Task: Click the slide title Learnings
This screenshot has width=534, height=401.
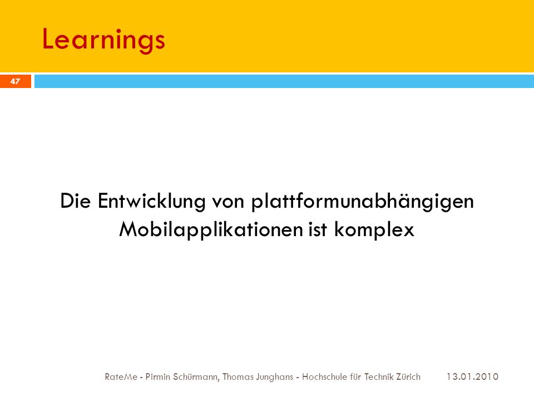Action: pyautogui.click(x=103, y=40)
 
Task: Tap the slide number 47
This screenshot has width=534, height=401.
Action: pyautogui.click(x=16, y=81)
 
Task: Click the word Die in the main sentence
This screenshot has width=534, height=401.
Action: pyautogui.click(x=75, y=200)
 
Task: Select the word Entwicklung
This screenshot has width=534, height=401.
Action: pyautogui.click(x=151, y=201)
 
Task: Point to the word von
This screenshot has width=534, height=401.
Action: pyautogui.click(x=228, y=202)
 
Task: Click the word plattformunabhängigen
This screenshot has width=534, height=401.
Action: pyautogui.click(x=363, y=201)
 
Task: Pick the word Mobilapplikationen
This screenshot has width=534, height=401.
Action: pyautogui.click(x=211, y=229)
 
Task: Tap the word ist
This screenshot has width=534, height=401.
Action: pyautogui.click(x=318, y=229)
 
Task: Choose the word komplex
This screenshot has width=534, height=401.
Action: pyautogui.click(x=374, y=229)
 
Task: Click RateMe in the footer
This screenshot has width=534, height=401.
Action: pyautogui.click(x=121, y=377)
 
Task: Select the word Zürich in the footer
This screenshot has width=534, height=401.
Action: pyautogui.click(x=408, y=377)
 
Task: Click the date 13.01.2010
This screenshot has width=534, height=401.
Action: pyautogui.click(x=472, y=377)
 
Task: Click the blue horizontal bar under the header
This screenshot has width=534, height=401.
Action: pyautogui.click(x=284, y=81)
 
